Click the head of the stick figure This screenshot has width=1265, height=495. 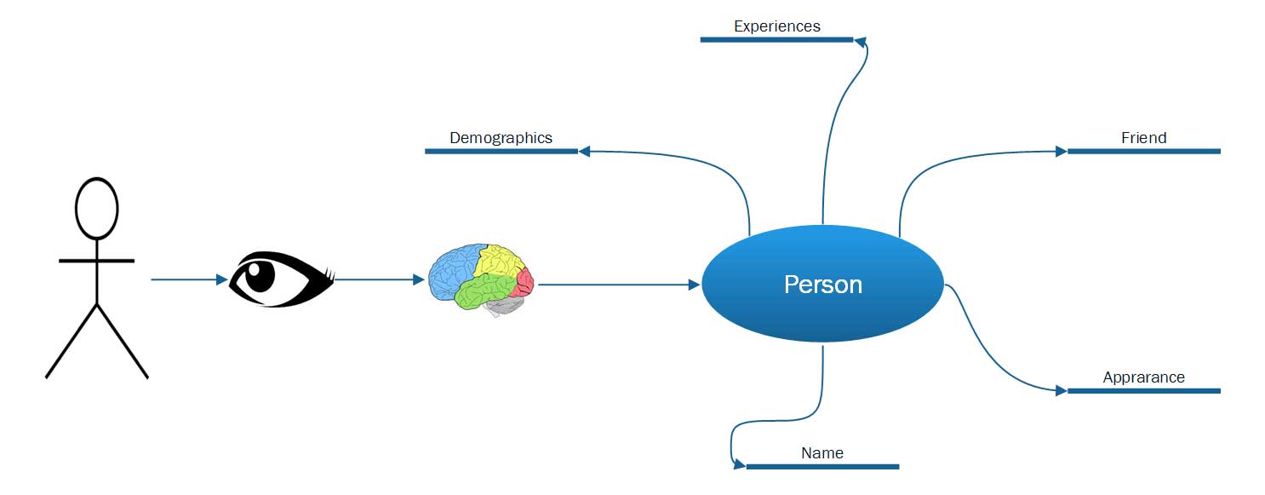click(x=96, y=208)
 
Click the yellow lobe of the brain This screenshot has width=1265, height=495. click(x=498, y=262)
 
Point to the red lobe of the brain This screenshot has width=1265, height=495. click(x=525, y=280)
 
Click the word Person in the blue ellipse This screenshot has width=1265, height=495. click(x=822, y=284)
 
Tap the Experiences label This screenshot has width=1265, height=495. click(x=776, y=26)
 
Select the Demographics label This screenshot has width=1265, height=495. click(x=501, y=138)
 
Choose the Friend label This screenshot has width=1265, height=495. click(x=1143, y=138)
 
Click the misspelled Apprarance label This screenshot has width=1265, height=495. click(x=1143, y=377)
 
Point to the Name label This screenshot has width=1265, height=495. click(x=822, y=453)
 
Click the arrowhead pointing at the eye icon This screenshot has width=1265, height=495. click(x=221, y=279)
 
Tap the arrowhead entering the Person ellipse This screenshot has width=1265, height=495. click(x=693, y=285)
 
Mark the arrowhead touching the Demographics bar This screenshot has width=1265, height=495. click(x=584, y=152)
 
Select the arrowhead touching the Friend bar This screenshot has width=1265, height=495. click(x=1061, y=152)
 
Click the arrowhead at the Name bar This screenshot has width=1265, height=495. click(x=740, y=465)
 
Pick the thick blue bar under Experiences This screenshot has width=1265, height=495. click(x=776, y=39)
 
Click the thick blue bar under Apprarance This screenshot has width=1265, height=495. click(x=1143, y=391)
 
